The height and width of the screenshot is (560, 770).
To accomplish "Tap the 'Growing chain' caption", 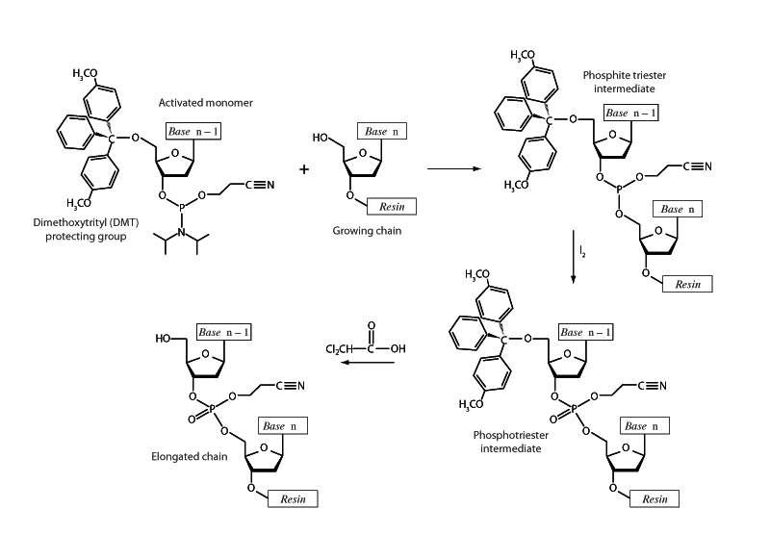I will pos(362,231).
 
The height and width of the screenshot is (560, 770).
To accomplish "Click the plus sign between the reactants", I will pos(305,169).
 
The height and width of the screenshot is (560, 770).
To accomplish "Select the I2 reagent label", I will pos(583,252).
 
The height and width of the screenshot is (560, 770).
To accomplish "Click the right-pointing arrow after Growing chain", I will pos(453,169).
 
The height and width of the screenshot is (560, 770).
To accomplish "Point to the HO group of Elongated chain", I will pos(164,339).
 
